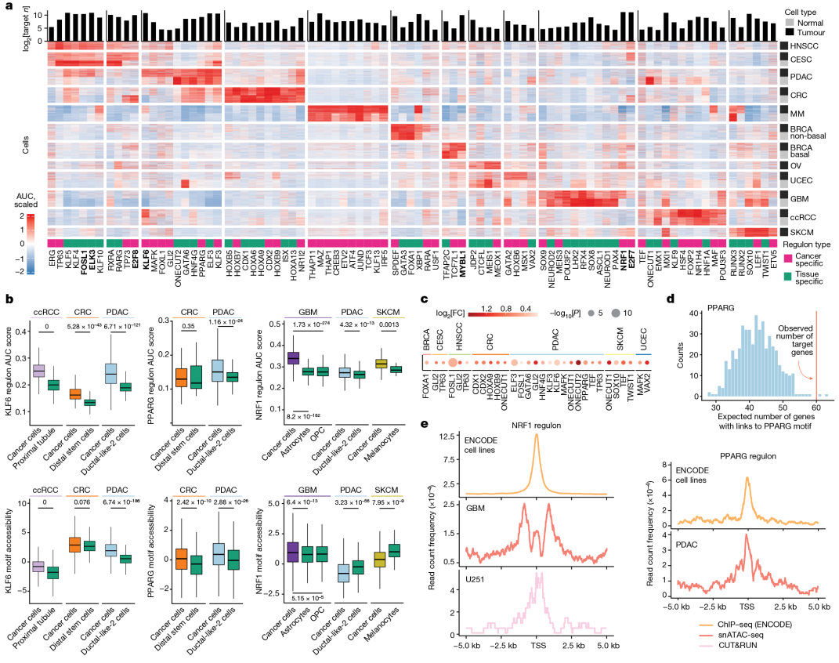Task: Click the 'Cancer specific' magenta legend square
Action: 784,257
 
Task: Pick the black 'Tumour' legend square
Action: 789,33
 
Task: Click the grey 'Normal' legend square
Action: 789,23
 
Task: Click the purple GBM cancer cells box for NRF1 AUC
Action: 295,357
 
